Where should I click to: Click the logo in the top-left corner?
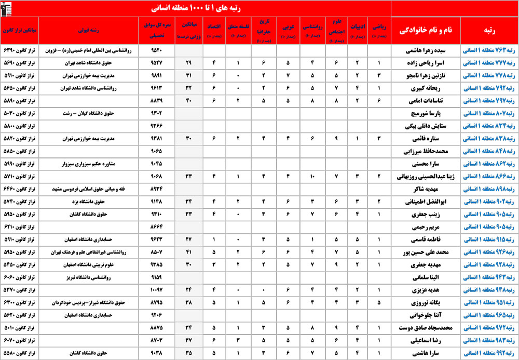point(9,8)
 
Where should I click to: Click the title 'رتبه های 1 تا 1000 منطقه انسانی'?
point(195,8)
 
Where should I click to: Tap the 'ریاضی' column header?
point(379,31)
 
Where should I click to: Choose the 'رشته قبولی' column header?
point(91,31)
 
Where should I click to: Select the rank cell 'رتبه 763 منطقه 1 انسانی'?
point(489,51)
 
